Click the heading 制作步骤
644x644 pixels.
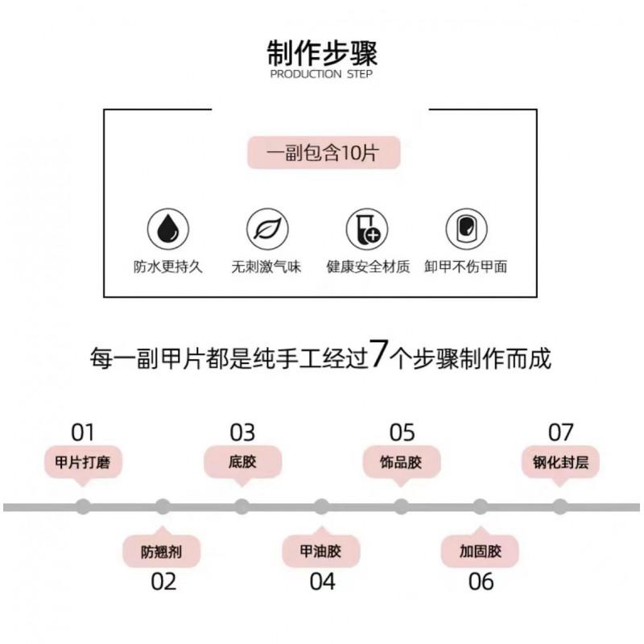pos(322,53)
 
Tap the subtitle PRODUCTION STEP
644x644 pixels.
pos(321,74)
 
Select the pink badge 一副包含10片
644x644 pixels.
pos(324,153)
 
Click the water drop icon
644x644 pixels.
pos(168,229)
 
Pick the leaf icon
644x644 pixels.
pos(267,229)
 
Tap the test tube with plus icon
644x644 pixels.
pos(367,229)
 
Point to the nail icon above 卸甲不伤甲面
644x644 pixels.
pos(467,229)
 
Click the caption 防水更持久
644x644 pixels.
pos(168,267)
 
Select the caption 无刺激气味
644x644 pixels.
pos(266,267)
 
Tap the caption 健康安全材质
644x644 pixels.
pos(368,267)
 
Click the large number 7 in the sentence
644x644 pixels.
pos(378,353)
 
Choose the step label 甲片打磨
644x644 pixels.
pos(83,462)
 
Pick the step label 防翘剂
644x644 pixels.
pos(162,551)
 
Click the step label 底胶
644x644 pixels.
pos(242,462)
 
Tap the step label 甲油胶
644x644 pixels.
pos(320,551)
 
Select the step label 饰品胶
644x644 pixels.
pos(401,462)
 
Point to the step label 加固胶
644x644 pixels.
pos(481,551)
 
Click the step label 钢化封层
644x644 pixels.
pos(560,462)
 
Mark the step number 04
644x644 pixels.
pos(323,581)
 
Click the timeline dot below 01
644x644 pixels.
pos(83,507)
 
